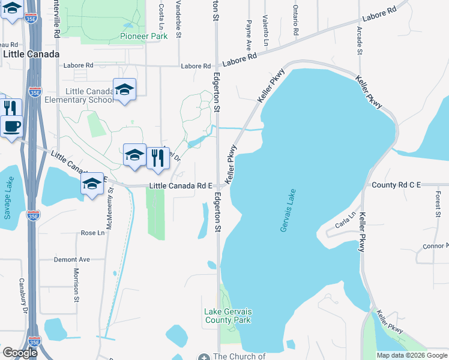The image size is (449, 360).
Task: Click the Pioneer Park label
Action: [x=143, y=36]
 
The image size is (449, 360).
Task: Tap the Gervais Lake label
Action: [x=288, y=211]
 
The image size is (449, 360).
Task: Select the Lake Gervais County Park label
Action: [x=228, y=316]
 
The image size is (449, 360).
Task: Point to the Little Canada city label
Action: [x=31, y=54]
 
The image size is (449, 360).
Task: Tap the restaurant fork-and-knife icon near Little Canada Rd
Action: [x=158, y=157]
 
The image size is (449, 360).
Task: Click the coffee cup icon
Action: [x=12, y=127]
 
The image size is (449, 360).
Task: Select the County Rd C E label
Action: [x=396, y=185]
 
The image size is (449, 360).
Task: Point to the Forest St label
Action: [x=439, y=205]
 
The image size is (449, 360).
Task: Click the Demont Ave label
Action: [x=71, y=259]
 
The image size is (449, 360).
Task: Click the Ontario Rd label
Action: [x=295, y=20]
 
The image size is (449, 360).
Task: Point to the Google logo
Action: [x=20, y=353]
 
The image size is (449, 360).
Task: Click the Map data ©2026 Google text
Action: [x=412, y=355]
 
